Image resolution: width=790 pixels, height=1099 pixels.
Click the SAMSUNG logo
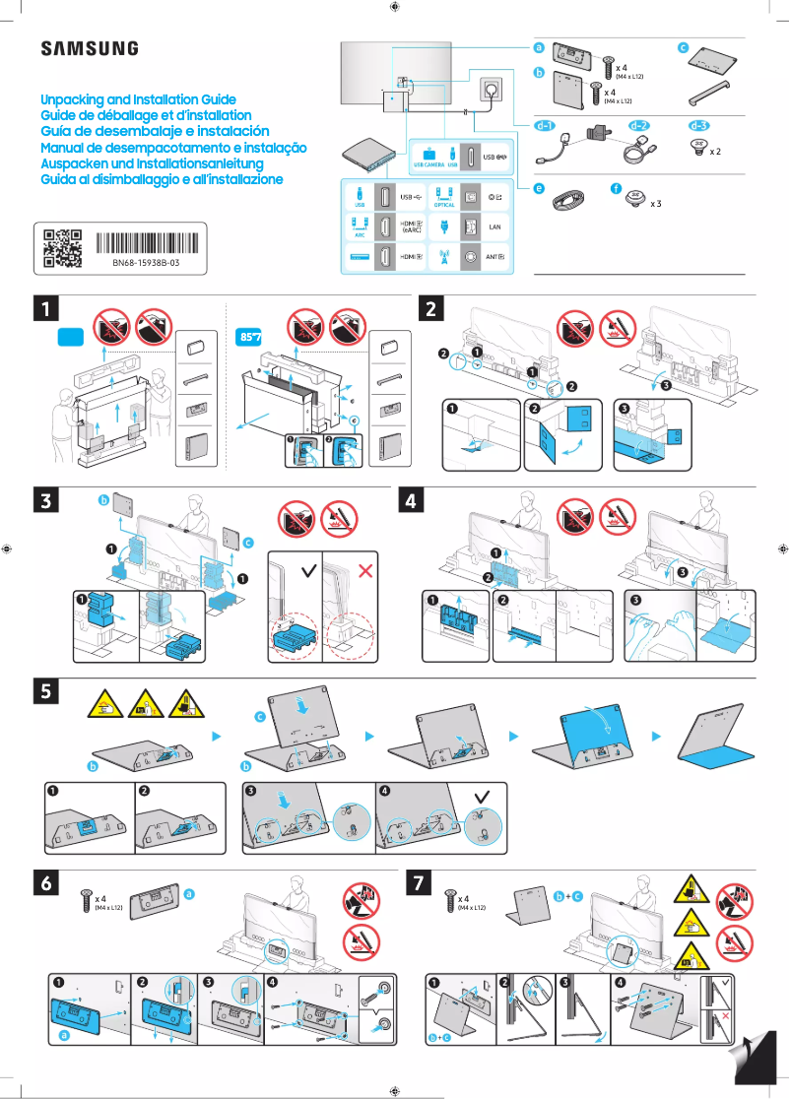click(89, 49)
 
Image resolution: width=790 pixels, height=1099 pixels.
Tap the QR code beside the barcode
click(62, 249)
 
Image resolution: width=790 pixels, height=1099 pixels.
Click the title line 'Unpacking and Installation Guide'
click(138, 100)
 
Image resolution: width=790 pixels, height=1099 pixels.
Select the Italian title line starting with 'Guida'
click(162, 179)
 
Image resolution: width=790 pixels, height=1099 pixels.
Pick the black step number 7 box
click(418, 883)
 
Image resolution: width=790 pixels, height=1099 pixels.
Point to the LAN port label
click(495, 227)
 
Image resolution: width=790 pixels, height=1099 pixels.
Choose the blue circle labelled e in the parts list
click(539, 188)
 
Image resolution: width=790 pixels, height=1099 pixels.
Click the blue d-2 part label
click(638, 126)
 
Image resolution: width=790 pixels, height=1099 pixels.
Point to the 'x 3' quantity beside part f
click(655, 204)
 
